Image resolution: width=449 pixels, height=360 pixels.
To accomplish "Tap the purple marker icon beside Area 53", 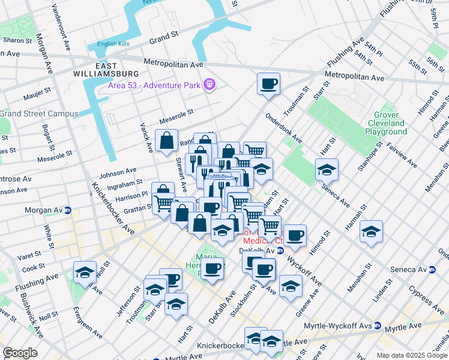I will (x=209, y=85).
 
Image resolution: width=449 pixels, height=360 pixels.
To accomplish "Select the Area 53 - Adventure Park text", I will (x=154, y=85).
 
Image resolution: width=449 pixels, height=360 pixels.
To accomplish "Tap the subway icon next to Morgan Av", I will (x=69, y=211).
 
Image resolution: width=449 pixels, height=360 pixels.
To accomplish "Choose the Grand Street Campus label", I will (x=39, y=113).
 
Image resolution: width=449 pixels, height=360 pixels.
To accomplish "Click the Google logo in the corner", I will (x=20, y=353).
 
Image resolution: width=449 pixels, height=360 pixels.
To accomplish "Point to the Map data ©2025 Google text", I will (x=412, y=355).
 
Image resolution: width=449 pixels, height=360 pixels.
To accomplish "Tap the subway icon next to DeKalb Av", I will (x=280, y=250).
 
